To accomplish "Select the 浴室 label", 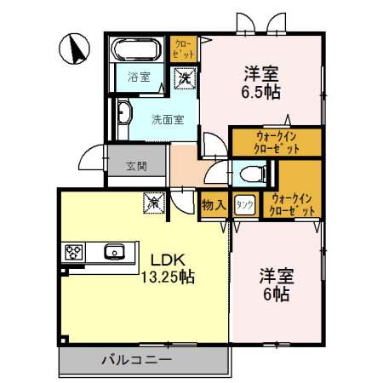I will [x=139, y=77].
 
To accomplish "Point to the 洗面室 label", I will [x=168, y=120].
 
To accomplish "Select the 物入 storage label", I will [x=213, y=204].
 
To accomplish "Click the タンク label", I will [x=245, y=204].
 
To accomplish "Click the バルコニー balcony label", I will [x=136, y=360].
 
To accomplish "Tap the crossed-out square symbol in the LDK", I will [x=153, y=204].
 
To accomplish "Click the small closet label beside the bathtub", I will [x=183, y=48].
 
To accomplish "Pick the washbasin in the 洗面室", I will [x=124, y=113].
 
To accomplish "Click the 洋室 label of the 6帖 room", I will [x=277, y=276].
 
